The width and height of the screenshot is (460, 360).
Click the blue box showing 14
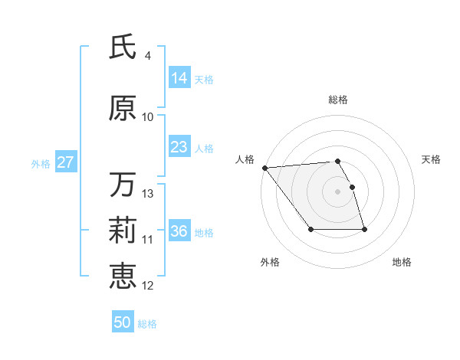point(179,78)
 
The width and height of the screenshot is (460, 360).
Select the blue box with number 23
point(179,147)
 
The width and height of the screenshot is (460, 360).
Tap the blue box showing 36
point(179,231)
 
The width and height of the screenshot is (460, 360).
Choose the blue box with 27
point(65,162)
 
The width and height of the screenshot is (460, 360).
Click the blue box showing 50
point(123,322)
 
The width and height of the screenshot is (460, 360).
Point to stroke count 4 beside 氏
point(148,56)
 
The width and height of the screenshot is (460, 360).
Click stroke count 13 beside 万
point(149,194)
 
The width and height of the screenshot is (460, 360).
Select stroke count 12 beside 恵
point(149,286)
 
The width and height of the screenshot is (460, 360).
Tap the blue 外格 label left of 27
point(41,163)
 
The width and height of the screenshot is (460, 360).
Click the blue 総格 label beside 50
point(148,323)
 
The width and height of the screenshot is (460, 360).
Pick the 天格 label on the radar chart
point(432,159)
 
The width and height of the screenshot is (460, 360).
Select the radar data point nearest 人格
point(264,168)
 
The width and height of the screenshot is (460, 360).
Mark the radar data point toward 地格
point(364,229)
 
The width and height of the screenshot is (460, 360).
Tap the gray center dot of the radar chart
point(337,191)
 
